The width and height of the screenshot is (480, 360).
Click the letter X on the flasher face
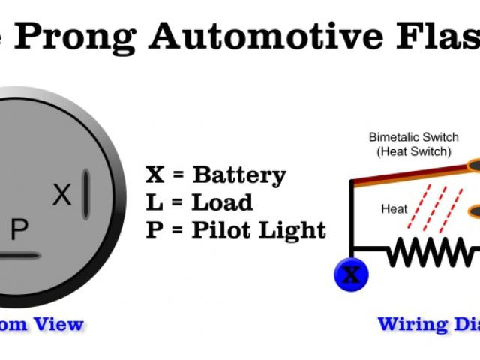click(x=62, y=196)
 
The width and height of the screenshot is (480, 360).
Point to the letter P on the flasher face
click(x=19, y=231)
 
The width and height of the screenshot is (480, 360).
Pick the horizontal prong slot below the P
click(x=19, y=256)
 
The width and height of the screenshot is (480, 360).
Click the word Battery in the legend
click(x=239, y=176)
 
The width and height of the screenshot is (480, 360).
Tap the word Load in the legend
click(x=221, y=202)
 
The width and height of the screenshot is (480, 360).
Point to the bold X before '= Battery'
click(x=154, y=176)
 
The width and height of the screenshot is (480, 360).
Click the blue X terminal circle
click(x=350, y=275)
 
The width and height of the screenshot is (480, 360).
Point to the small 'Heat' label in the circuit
click(x=394, y=208)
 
